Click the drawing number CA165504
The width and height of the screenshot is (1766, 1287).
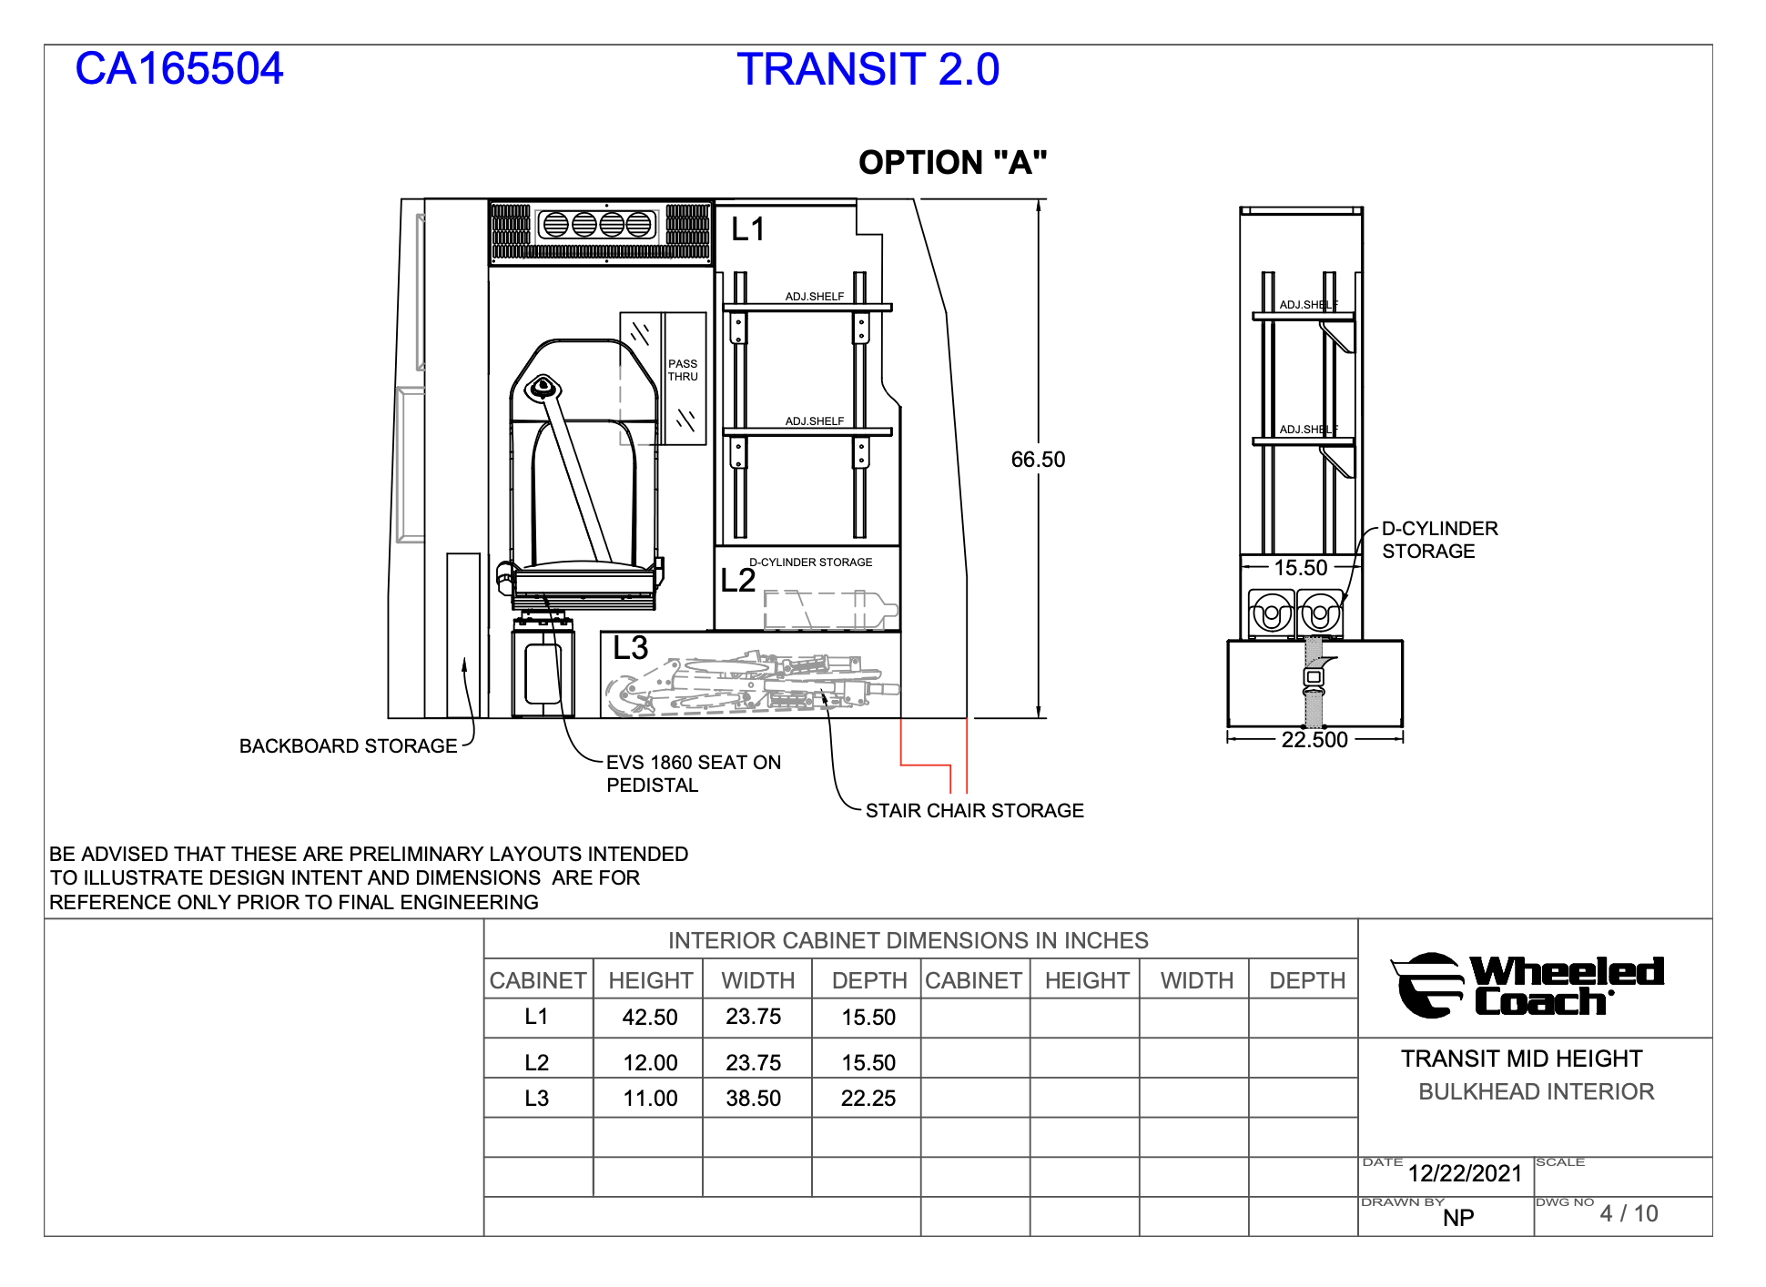pos(179,69)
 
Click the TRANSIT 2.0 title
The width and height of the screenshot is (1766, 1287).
pos(868,70)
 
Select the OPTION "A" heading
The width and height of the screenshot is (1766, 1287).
pos(952,163)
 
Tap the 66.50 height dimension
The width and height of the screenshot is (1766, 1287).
pos(1038,460)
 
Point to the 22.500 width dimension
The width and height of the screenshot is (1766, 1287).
pos(1314,740)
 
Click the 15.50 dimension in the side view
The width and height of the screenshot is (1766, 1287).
pos(1301,568)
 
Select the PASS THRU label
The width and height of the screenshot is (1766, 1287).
pos(683,370)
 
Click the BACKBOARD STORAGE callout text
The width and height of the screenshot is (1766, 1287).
pos(348,746)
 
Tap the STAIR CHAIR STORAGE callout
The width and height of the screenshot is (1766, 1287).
pos(975,811)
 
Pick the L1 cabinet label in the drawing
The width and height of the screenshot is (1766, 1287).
pos(748,229)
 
